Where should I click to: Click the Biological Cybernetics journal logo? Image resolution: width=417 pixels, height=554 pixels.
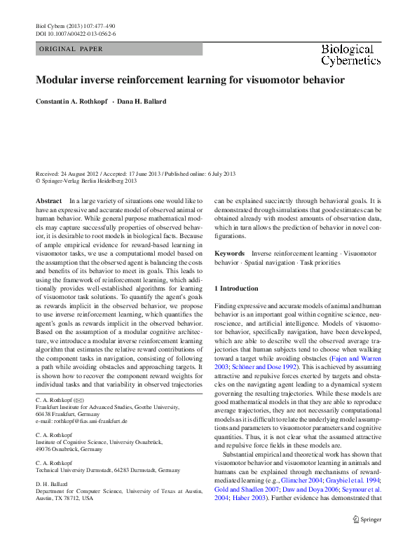pyautogui.click(x=350, y=55)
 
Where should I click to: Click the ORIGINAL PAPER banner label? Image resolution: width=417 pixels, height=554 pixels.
pyautogui.click(x=71, y=49)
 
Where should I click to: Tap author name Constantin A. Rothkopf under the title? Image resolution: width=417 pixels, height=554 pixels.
pyautogui.click(x=71, y=102)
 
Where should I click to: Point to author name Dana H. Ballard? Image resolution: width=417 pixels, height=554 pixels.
pyautogui.click(x=142, y=102)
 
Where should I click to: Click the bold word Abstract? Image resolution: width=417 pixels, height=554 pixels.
pyautogui.click(x=48, y=201)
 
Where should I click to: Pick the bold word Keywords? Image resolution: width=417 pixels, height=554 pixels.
pyautogui.click(x=230, y=254)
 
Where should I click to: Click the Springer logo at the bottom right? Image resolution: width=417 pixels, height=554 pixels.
pyautogui.click(x=367, y=519)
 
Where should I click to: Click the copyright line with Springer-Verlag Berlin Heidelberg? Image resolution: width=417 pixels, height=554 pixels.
pyautogui.click(x=86, y=180)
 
